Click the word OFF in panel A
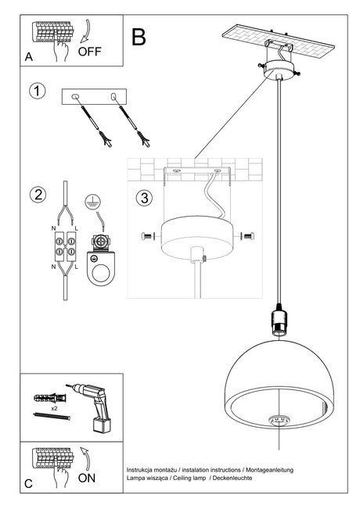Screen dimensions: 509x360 point(92,52)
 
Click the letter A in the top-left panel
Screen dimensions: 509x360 point(29,58)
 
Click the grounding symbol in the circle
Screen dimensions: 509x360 point(92,199)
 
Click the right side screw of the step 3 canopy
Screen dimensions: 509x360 point(248,236)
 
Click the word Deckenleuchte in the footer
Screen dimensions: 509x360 point(229,477)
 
